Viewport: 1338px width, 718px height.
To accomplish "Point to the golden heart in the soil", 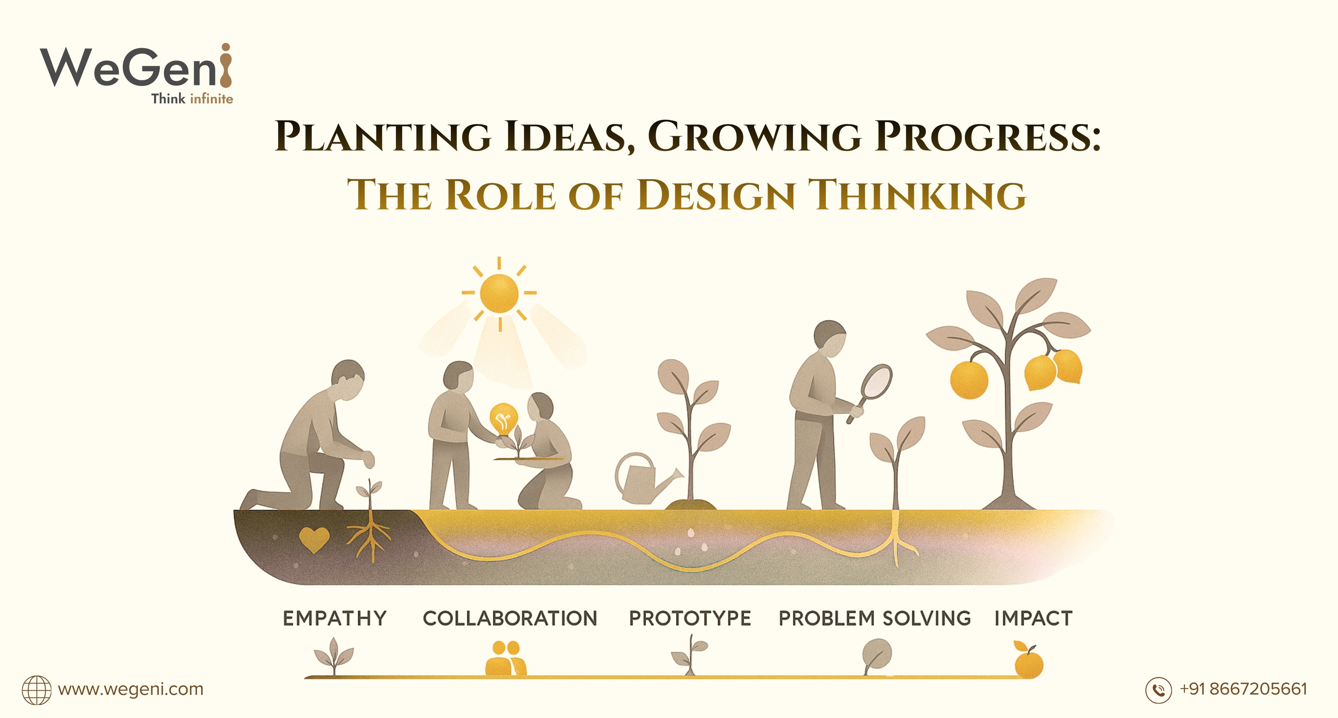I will (314, 539).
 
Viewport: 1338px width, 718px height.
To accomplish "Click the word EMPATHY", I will (335, 618).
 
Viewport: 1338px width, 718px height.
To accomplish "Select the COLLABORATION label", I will (510, 618).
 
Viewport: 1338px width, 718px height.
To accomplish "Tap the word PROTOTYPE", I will (690, 618).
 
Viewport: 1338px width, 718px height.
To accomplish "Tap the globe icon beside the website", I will (36, 690).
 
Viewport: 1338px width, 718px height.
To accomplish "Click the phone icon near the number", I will (1158, 690).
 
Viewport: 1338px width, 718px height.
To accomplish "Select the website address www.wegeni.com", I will (130, 689).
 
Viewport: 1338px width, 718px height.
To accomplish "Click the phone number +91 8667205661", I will (1243, 689).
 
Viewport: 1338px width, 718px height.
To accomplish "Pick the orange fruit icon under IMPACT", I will (1028, 663).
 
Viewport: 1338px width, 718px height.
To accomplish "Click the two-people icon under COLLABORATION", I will (505, 658).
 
